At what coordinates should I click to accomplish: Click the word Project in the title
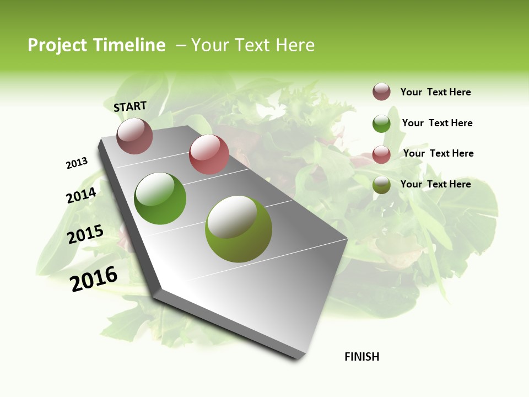[57, 45]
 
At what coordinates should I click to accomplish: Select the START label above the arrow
[130, 106]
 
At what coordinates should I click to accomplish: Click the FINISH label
[362, 357]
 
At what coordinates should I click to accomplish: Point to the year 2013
[77, 163]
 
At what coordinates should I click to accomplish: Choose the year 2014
[81, 195]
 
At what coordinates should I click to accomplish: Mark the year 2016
[94, 278]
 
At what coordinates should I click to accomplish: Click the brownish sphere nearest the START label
[134, 136]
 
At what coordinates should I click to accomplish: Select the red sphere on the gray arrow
[209, 154]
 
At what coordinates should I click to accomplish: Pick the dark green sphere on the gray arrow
[160, 198]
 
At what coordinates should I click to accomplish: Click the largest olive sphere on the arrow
[239, 229]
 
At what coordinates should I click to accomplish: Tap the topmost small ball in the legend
[381, 92]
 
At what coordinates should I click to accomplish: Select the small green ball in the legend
[381, 124]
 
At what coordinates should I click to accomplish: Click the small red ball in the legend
[381, 154]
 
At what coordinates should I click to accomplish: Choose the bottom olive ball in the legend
[381, 185]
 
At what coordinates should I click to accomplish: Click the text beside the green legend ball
[437, 123]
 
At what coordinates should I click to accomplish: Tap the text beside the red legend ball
[438, 153]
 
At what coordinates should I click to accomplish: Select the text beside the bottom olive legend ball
[435, 184]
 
